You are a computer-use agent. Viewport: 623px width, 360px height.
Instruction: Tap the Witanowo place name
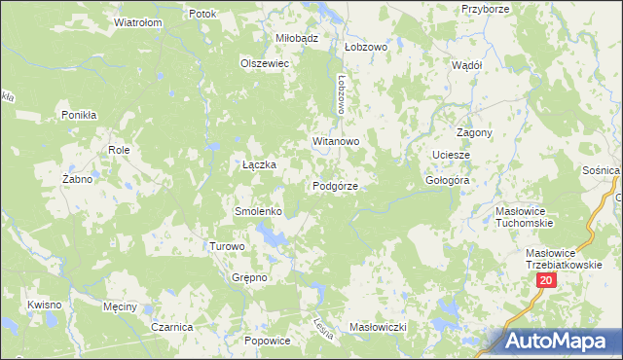(x=336, y=141)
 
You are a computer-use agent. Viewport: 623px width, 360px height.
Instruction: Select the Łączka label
(x=259, y=164)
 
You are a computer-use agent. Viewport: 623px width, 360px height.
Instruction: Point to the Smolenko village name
(x=258, y=211)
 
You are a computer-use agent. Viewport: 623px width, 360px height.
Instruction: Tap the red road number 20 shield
(x=545, y=280)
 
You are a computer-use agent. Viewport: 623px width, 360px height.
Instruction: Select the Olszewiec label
(x=266, y=63)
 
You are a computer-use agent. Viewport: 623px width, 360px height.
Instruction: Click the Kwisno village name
(x=45, y=305)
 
